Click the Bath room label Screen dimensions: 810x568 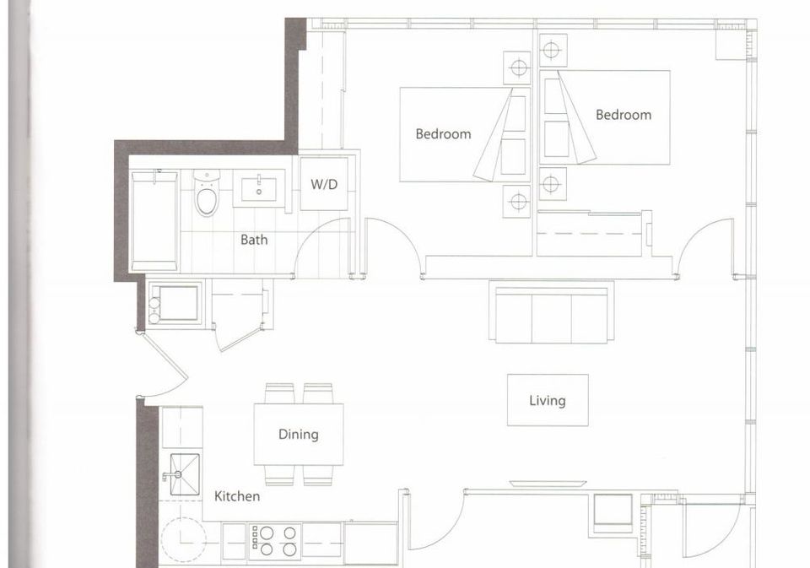(x=254, y=240)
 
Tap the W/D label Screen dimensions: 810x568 (x=324, y=184)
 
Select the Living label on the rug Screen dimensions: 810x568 (x=547, y=401)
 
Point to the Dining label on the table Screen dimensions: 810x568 (x=298, y=434)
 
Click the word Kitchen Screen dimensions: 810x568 (x=237, y=496)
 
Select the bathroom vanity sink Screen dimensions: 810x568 (x=259, y=188)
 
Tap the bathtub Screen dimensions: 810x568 (x=154, y=220)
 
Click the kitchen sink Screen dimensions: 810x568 (x=185, y=474)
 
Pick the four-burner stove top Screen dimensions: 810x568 (x=274, y=541)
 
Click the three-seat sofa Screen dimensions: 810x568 (x=551, y=311)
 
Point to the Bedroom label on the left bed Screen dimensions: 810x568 (x=443, y=134)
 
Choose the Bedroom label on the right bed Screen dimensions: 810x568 (x=624, y=115)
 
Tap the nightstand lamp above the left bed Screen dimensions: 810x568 (x=517, y=68)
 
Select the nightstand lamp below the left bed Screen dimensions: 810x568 (x=517, y=202)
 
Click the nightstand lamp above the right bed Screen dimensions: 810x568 (x=551, y=50)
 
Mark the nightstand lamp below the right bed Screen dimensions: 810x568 (x=551, y=183)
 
